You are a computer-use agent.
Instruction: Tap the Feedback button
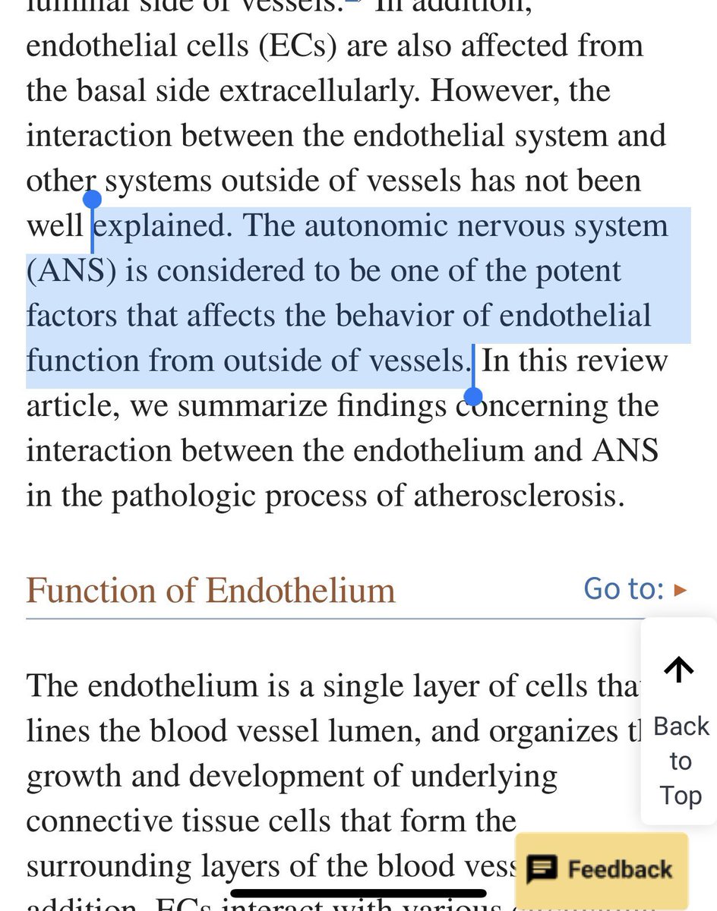pos(602,869)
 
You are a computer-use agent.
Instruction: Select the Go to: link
pos(634,588)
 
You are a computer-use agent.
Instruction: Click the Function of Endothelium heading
pos(210,590)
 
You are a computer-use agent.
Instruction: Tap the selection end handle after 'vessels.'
pos(473,396)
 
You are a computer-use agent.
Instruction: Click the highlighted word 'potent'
pos(577,271)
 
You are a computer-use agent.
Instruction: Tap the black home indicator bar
pos(358,894)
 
